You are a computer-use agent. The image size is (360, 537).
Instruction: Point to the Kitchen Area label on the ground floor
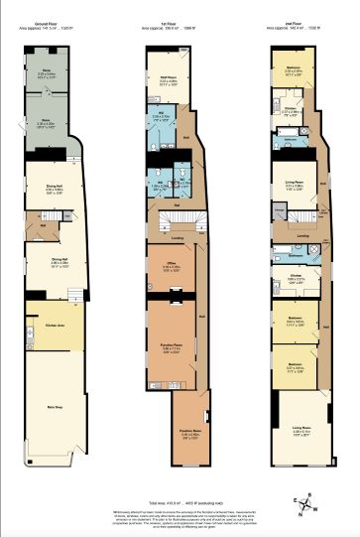[x=56, y=325]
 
